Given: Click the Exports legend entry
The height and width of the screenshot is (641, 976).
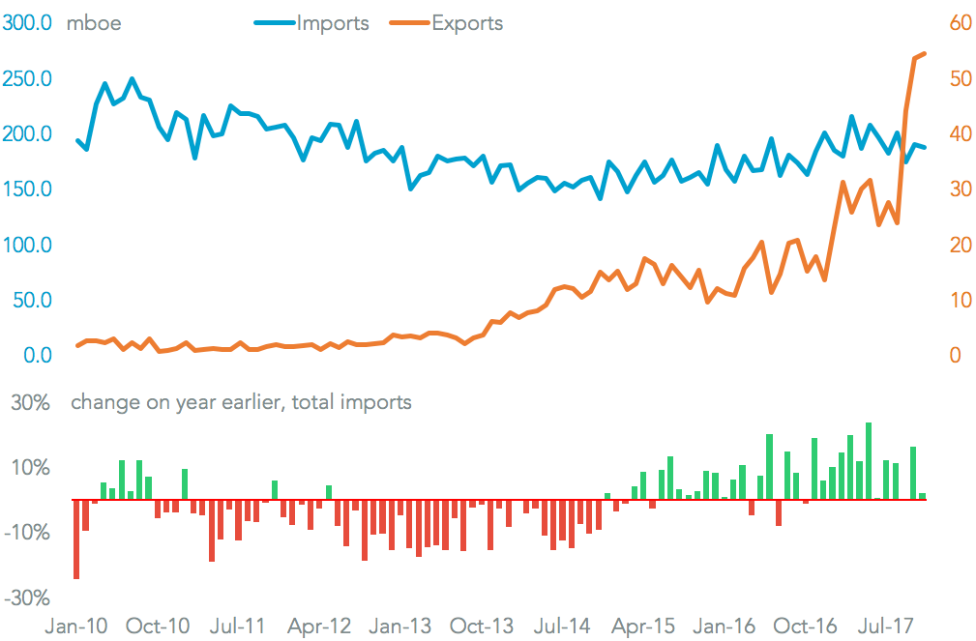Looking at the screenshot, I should pyautogui.click(x=467, y=23).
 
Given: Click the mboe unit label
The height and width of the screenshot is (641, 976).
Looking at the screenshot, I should pyautogui.click(x=94, y=23).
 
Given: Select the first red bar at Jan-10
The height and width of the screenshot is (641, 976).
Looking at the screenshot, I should pyautogui.click(x=76, y=539).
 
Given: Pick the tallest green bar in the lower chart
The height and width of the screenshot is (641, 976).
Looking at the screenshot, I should pyautogui.click(x=869, y=461).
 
